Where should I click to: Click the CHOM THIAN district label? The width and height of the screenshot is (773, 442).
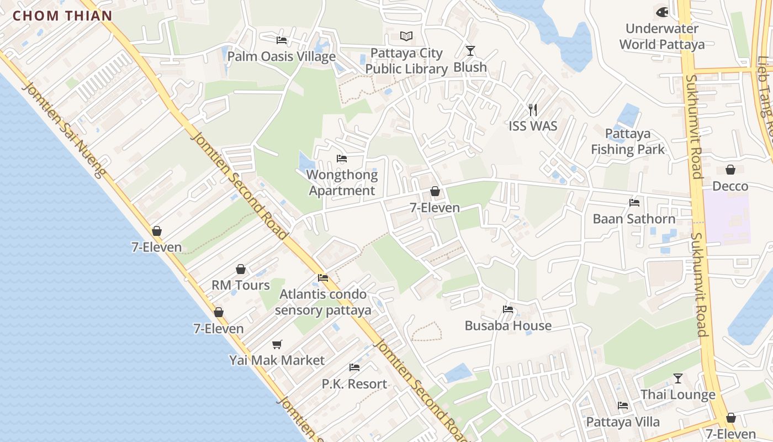[x=62, y=15]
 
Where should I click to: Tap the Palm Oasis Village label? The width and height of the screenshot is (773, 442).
[x=282, y=56]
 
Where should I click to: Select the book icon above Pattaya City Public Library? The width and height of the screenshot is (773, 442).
[x=406, y=36]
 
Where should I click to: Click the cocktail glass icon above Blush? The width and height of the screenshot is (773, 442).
[x=470, y=51]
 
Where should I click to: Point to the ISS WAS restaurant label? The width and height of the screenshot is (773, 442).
[x=533, y=126]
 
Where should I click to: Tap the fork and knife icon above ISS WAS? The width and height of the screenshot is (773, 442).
[x=533, y=109]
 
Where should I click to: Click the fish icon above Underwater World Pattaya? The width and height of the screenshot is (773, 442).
[x=661, y=12]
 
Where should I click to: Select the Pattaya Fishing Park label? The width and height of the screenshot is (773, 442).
[x=628, y=141]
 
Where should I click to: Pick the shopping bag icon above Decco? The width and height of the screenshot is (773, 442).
[x=730, y=170]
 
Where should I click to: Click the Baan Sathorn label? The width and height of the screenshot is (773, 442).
[x=634, y=219]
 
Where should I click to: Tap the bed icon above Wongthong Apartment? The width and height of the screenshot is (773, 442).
[x=342, y=159]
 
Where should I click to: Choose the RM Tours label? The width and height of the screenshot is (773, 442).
[x=241, y=285]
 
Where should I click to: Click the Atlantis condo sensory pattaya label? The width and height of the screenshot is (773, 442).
[x=323, y=302]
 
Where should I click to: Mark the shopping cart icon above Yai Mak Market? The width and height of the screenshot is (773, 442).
[x=277, y=344]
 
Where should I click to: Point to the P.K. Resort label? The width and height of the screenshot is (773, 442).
[x=354, y=383]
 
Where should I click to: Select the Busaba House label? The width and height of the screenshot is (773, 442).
[x=508, y=325]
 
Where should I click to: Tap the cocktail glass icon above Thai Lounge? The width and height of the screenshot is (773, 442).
[x=678, y=378]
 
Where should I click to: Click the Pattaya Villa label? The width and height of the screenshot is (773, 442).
[x=623, y=422]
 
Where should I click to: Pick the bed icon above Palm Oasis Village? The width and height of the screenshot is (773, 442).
[x=282, y=40]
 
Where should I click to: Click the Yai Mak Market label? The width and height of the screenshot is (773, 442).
[x=277, y=360]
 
